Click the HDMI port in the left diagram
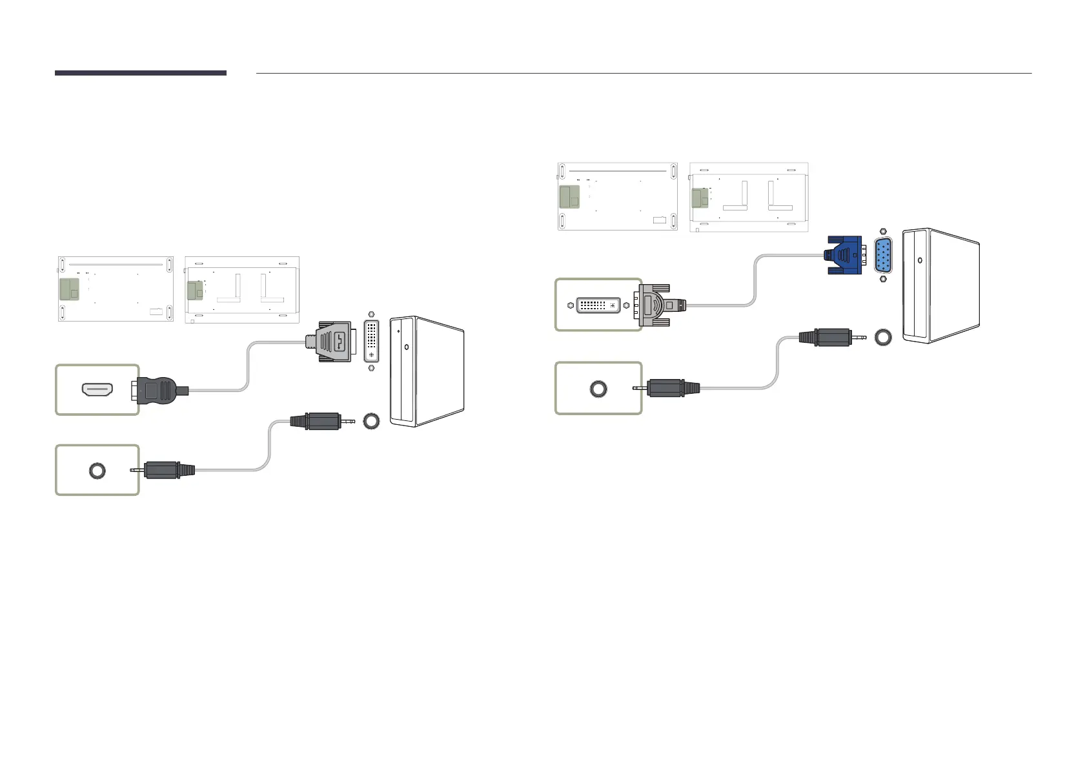coord(97,389)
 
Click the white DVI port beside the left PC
coord(371,342)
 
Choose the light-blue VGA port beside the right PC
coord(883,256)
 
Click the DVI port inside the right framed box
coord(598,305)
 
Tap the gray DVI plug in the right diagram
coord(659,305)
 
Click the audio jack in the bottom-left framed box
coord(97,470)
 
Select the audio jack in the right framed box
coord(598,389)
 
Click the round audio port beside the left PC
coord(371,421)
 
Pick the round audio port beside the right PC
coord(883,337)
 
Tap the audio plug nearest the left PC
coord(319,421)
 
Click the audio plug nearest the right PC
coord(829,337)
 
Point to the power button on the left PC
coord(406,347)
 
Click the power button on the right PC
coord(919,261)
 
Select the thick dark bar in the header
coord(140,73)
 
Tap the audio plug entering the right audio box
coord(671,388)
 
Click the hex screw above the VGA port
coord(883,231)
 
